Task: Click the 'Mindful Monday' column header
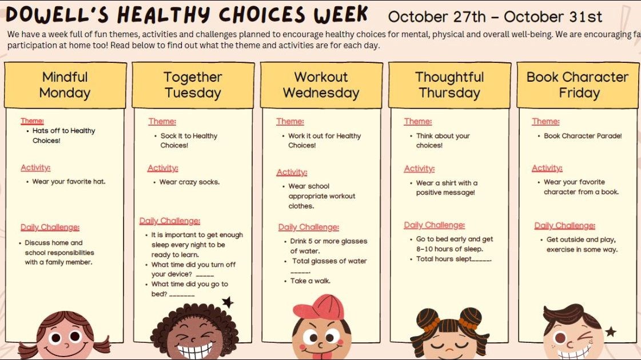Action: tap(65, 85)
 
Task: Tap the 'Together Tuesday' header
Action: tap(193, 85)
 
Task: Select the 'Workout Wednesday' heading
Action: tap(321, 85)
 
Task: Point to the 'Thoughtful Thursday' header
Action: tap(449, 85)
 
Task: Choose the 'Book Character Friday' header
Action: tap(578, 85)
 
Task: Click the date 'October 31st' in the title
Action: tap(553, 17)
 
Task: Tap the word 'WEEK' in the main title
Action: tap(341, 14)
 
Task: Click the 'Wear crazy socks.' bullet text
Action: tap(189, 182)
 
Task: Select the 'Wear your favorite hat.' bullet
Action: tap(69, 182)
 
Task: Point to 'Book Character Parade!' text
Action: tap(583, 135)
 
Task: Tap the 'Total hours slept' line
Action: tap(453, 259)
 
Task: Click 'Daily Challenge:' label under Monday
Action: tap(50, 227)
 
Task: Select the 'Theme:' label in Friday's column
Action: tap(546, 121)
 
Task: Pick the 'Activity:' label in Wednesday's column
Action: tap(292, 173)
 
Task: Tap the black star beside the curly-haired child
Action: tap(228, 302)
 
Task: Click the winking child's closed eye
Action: tap(586, 337)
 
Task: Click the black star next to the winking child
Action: tap(611, 331)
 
